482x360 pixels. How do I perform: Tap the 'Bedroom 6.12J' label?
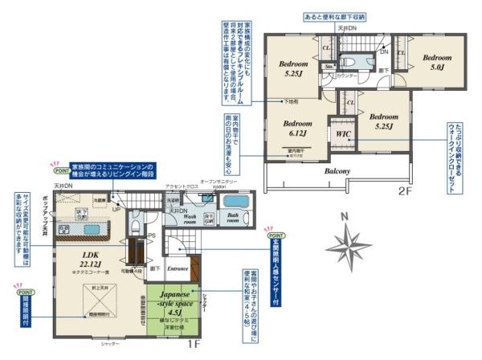297,129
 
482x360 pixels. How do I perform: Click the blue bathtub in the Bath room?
235,202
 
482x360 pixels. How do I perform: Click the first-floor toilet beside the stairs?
137,227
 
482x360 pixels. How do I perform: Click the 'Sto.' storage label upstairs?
329,67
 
